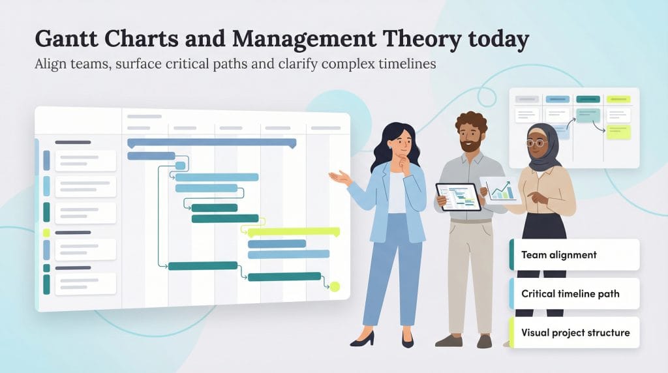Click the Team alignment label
[559, 254]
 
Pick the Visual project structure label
[575, 333]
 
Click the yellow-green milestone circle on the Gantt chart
[335, 286]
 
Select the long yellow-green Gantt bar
[294, 231]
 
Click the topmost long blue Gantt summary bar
[211, 142]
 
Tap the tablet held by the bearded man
[459, 196]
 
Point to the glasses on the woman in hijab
[536, 142]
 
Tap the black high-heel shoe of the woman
[363, 338]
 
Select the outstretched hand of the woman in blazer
[340, 177]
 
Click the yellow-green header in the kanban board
[618, 99]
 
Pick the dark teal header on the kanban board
[588, 99]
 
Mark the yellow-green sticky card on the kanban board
[618, 132]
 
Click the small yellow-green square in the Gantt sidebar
[46, 233]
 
